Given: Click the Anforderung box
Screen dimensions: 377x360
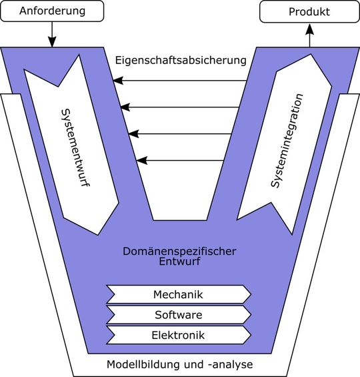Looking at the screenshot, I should (53, 11).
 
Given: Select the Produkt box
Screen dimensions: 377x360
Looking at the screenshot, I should (309, 11).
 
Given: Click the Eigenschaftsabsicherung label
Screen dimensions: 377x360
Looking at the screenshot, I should (180, 60).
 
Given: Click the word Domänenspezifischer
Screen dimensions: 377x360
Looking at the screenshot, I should (180, 252).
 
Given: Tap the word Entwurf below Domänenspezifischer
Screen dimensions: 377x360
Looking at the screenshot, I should (180, 262).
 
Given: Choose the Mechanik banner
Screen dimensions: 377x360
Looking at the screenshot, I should (178, 294).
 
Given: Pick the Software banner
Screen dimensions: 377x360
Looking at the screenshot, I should (178, 314).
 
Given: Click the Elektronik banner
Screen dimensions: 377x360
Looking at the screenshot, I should (178, 334).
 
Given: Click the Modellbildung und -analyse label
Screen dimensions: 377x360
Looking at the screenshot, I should (180, 365).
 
